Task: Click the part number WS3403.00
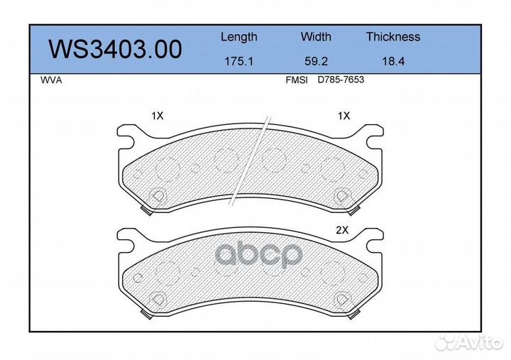click(114, 49)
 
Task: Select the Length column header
click(238, 37)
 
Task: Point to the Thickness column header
click(392, 37)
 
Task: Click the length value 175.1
click(238, 62)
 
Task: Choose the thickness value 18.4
click(392, 62)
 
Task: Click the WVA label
click(52, 80)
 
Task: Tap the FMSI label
click(296, 80)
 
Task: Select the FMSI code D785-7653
click(341, 80)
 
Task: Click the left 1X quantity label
click(157, 115)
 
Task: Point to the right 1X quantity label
click(344, 115)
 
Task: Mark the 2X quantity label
click(344, 229)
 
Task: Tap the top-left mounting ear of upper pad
click(126, 133)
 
